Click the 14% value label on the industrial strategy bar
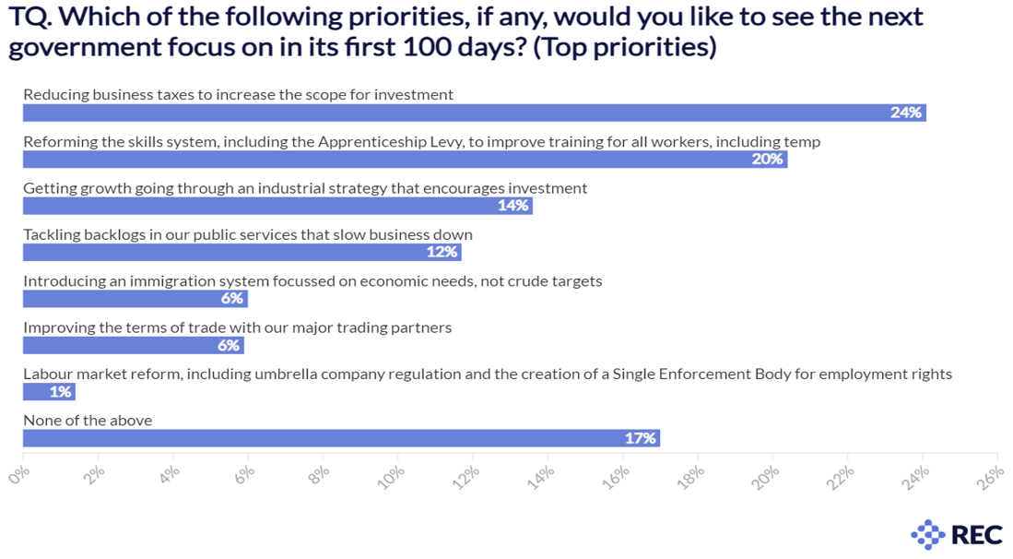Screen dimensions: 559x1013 pos(513,206)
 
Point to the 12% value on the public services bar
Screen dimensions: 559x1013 pos(442,252)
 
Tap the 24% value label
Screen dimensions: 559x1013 pos(906,113)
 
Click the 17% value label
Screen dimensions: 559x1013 pos(640,438)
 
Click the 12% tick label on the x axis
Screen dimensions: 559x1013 pos(466,475)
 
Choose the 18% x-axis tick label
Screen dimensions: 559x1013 pos(691,475)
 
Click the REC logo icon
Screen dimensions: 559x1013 pos(927,534)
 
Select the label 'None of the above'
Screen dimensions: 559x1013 pos(88,421)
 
